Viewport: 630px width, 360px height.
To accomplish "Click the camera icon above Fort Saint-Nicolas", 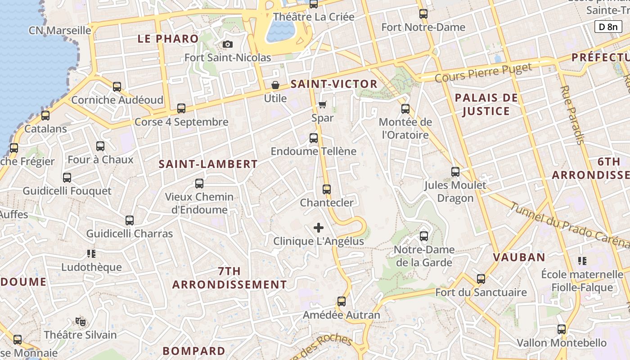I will [x=228, y=44].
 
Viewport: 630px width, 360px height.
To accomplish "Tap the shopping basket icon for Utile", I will [x=275, y=85].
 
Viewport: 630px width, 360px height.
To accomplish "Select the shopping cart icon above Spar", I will [x=322, y=105].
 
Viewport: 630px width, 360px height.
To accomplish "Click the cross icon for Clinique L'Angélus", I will [x=319, y=228].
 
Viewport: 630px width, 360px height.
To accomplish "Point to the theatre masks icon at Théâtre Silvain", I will [x=81, y=321].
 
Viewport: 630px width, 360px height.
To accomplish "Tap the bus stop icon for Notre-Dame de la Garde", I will [x=424, y=236].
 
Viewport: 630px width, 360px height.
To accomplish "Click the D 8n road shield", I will [x=608, y=27].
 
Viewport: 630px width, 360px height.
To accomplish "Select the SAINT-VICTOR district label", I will [x=334, y=84].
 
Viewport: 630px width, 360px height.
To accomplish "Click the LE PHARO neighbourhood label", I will [x=168, y=39].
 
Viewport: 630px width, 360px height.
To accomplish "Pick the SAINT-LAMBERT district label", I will [x=208, y=164].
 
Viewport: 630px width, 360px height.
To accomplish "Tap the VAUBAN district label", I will [x=519, y=257].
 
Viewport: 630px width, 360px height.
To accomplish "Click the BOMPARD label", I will [x=193, y=351].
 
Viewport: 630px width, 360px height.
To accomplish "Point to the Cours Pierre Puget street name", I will [x=483, y=72].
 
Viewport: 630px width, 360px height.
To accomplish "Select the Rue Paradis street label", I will [x=572, y=115].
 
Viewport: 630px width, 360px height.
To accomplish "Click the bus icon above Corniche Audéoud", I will [x=117, y=86].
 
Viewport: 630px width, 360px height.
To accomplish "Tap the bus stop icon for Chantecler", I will [x=327, y=189].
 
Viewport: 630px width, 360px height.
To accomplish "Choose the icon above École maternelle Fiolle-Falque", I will [x=582, y=261].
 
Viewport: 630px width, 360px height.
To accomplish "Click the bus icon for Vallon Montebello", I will [x=562, y=329].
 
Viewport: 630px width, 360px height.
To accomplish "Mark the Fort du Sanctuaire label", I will [x=481, y=292].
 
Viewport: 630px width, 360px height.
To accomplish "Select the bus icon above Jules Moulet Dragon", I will [x=455, y=171].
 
